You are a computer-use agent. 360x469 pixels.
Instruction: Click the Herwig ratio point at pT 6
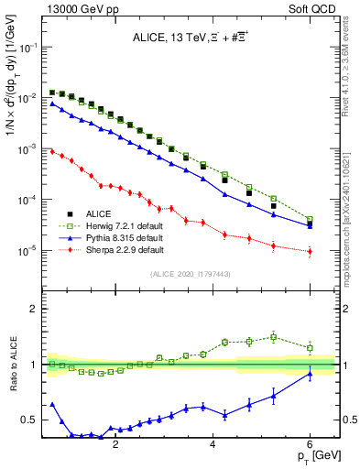pos(311,348)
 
